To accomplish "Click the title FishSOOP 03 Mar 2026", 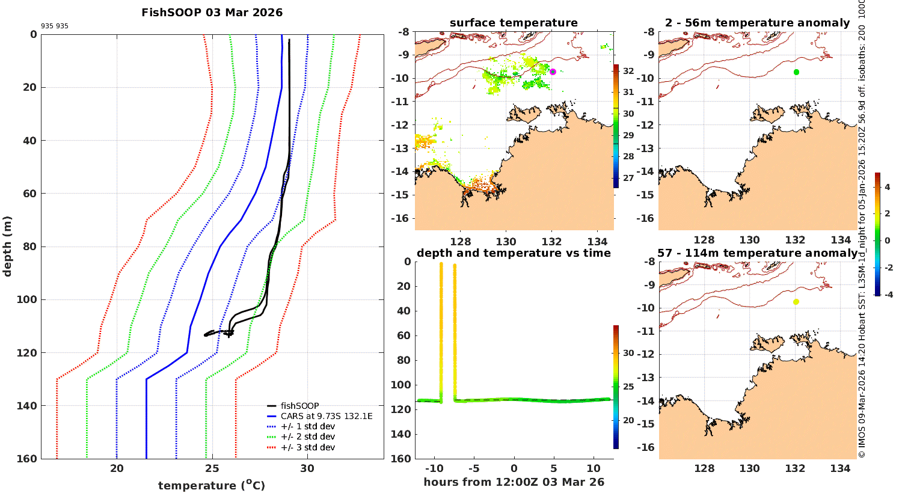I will pos(212,13).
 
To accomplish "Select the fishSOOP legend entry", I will pos(299,406).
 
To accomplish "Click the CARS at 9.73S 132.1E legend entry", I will pos(326,416).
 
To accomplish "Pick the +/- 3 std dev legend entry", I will pos(307,447).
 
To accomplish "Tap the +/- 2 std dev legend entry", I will pos(307,436).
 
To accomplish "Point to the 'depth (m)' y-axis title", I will pos(7,246).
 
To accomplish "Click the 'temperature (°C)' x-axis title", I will pos(211,485).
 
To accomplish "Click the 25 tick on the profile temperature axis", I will pos(212,468).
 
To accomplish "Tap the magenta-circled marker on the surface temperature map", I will pos(553,72).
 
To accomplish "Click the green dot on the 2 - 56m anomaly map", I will pos(796,72).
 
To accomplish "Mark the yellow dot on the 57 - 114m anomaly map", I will pos(796,302).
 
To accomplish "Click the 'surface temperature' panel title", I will pos(514,23).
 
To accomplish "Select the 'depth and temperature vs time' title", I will pos(514,253).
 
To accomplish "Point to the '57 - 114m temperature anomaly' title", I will pos(758,253).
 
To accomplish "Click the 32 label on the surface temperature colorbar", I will pos(628,71).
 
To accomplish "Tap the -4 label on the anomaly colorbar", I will pos(887,295).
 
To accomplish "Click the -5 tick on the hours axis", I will pos(474,468).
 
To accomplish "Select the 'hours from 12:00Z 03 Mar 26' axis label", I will pos(514,482).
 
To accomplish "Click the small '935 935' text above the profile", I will pos(54,26).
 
